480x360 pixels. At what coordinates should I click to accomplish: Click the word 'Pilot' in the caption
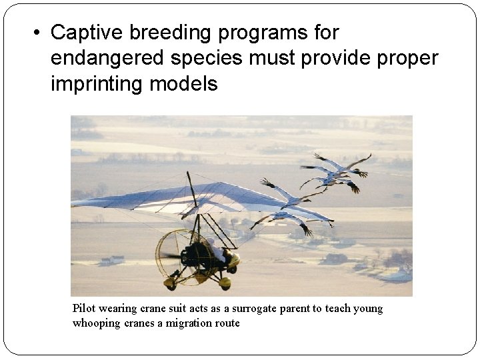tap(84, 309)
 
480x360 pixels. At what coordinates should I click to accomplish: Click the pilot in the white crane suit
tap(217, 250)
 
